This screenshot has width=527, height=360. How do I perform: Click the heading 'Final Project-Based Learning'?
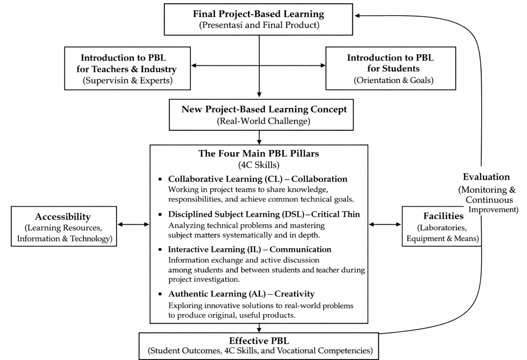point(258,14)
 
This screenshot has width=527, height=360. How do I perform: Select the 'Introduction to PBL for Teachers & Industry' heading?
point(126,63)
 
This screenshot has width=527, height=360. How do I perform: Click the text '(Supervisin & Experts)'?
point(128,81)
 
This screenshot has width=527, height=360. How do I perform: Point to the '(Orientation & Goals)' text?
point(393,80)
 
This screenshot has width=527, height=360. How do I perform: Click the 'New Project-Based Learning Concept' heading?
point(264,110)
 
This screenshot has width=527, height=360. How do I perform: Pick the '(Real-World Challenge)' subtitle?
point(264,121)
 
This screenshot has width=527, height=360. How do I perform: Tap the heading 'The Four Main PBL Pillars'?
point(258,153)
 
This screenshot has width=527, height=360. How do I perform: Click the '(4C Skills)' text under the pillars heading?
point(259,165)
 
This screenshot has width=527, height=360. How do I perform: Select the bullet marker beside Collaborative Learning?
point(160,180)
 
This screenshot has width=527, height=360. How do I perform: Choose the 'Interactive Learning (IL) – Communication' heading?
point(249,249)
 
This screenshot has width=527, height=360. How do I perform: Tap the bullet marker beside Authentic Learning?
point(160,294)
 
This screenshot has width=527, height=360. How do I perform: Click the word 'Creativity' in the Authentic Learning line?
point(294,294)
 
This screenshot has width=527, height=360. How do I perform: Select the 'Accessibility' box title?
point(63,216)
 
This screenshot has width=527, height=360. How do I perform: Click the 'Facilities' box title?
point(443,216)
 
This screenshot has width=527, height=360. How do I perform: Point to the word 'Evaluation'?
point(486,177)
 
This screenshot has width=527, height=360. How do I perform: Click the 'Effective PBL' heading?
point(259,341)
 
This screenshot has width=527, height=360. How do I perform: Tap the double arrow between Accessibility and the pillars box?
point(133,224)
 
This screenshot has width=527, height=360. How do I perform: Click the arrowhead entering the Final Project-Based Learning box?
point(357,15)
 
